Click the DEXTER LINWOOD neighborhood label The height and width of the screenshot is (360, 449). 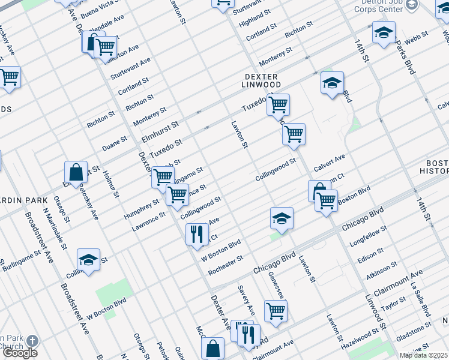pos(261,81)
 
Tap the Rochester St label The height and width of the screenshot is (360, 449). pos(225,266)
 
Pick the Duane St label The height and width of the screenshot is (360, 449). pos(114,143)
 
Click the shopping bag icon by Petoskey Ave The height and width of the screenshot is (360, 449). pos(76,173)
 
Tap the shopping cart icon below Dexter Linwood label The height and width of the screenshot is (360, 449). pos(278,105)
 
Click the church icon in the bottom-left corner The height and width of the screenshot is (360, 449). pos(31,341)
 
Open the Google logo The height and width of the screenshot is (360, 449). pos(19,353)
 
